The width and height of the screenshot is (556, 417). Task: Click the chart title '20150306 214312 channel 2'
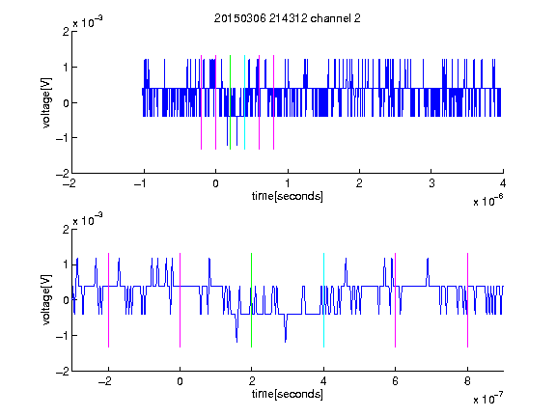tap(288, 18)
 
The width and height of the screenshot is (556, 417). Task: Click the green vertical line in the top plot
tap(230, 102)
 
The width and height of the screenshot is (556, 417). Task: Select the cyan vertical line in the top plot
tap(244, 102)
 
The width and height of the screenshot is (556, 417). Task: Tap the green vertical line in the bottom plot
tap(251, 300)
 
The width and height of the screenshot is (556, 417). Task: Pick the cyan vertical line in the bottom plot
tap(323, 300)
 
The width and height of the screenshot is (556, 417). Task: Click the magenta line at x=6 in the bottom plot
tap(396, 300)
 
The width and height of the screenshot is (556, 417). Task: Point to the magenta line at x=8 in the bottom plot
tap(468, 300)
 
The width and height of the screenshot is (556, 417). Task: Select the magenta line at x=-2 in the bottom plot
tap(108, 300)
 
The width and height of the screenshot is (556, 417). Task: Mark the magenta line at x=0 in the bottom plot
tap(181, 300)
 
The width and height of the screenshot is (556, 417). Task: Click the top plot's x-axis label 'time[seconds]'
tap(288, 196)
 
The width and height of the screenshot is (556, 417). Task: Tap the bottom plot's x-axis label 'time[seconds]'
tap(288, 394)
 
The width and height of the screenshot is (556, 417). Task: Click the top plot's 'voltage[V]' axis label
tap(46, 102)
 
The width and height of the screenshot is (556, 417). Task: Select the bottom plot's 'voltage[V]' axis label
tap(46, 299)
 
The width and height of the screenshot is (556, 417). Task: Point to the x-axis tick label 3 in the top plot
tap(431, 183)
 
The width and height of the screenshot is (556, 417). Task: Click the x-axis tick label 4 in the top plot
tap(503, 183)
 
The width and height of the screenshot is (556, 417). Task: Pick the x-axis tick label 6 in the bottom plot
tap(396, 381)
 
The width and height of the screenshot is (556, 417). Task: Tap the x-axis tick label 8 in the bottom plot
tap(468, 381)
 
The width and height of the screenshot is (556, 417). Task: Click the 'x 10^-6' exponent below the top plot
tap(488, 200)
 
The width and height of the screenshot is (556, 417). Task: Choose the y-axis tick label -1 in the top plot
tap(62, 138)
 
